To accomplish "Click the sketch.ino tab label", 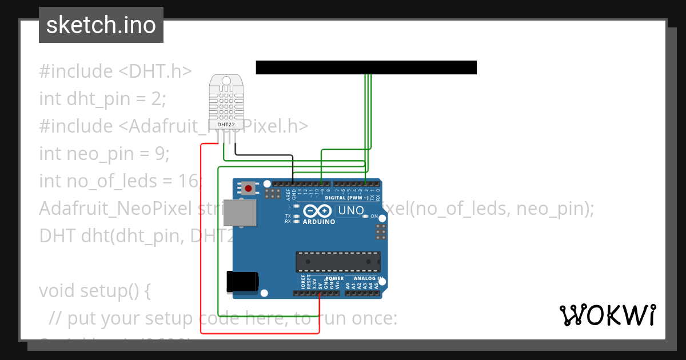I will tap(101, 25).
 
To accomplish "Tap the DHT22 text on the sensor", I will tap(226, 124).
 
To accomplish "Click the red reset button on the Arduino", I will tap(248, 187).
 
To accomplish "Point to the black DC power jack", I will tap(242, 282).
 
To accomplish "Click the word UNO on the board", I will tap(351, 210).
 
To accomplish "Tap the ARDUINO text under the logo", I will tap(318, 222).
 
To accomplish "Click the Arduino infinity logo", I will tap(317, 211).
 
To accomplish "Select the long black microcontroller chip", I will tap(338, 261).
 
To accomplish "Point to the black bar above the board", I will tap(366, 67).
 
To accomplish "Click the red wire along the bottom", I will tap(260, 333).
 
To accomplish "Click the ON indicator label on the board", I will tap(374, 217).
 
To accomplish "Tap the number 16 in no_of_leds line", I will tap(190, 181).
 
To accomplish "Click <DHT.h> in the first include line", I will tap(155, 71).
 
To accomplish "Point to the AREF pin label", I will tap(288, 194).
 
